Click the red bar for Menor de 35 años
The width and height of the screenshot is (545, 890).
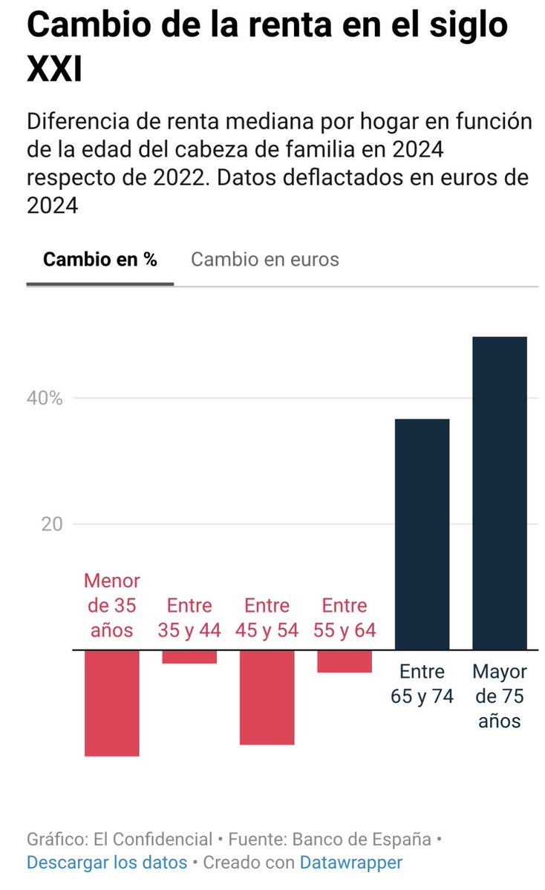coord(111,702)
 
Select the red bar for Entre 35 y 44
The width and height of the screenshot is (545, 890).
coord(189,657)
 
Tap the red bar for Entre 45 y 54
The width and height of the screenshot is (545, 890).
coord(267,697)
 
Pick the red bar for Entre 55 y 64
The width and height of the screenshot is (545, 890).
coord(344,661)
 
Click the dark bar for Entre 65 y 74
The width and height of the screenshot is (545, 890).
coord(422,534)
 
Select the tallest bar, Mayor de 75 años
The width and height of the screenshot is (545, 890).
coord(499,493)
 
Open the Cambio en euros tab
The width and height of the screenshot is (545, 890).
coord(265,259)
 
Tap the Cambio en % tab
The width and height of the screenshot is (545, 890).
coord(100,259)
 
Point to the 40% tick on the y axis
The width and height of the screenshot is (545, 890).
coord(46,398)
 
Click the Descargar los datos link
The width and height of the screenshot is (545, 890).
coord(107,863)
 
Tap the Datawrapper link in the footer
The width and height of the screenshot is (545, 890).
coord(350,863)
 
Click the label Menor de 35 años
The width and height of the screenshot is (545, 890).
coord(111,605)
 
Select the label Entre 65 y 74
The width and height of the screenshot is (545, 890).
coord(422,684)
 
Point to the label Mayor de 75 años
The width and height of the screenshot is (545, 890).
coord(499,696)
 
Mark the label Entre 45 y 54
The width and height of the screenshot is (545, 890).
coord(267,618)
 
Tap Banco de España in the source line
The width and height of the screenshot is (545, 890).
coord(362,840)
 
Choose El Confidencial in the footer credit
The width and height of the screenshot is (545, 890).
coord(153,840)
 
